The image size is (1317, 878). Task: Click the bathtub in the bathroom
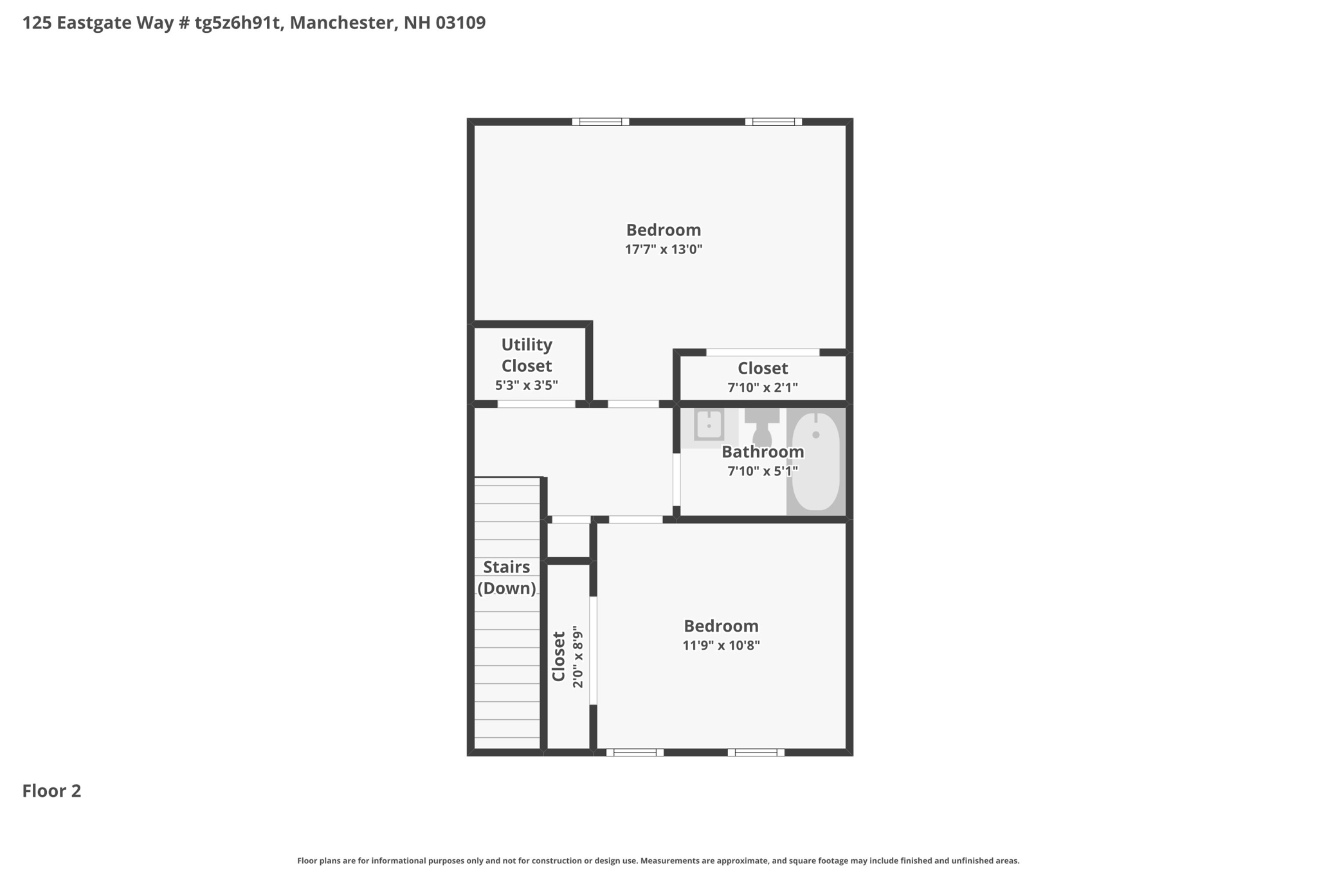point(815,461)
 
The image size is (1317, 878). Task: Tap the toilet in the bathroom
point(762,426)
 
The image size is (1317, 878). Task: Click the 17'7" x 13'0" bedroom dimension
point(664,250)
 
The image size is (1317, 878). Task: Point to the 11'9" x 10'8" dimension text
point(721,645)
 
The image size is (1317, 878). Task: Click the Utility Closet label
point(527,355)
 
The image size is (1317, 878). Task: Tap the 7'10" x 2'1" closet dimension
point(763,388)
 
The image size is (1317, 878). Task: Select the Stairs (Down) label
point(507,578)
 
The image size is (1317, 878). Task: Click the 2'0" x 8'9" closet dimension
point(577,657)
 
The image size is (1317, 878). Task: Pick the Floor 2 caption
point(51,791)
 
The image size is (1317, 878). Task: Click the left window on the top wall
point(601,122)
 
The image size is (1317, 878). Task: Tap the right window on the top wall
point(774,122)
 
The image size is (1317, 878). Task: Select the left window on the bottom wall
point(635,753)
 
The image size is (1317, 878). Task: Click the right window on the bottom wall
point(756,753)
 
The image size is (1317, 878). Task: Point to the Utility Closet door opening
point(536,404)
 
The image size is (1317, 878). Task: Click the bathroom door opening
point(677,480)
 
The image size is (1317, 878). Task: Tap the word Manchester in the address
point(342,23)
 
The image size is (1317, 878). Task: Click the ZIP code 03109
point(460,23)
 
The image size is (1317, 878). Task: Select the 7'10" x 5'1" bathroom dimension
point(763,471)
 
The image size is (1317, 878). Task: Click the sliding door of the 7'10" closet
point(763,352)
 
